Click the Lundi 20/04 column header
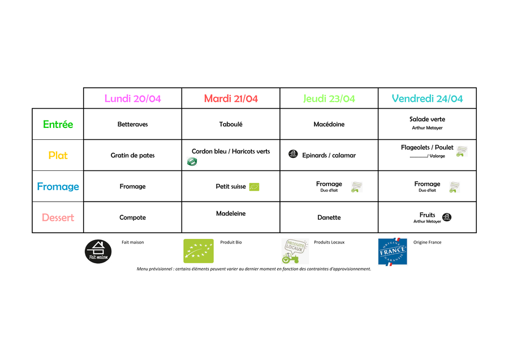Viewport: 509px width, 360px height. tap(132, 98)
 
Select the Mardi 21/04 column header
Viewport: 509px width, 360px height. tap(231, 98)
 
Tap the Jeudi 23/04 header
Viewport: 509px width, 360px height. tap(329, 98)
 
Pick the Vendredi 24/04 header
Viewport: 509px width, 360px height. tap(427, 98)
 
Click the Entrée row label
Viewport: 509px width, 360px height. tap(58, 125)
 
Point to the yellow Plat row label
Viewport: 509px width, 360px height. tap(58, 156)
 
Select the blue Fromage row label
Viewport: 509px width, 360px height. tap(58, 187)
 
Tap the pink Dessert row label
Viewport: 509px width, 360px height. tap(58, 218)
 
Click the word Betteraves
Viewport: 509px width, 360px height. tap(132, 125)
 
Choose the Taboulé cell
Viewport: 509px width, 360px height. tap(231, 125)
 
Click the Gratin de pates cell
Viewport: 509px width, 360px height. tap(132, 156)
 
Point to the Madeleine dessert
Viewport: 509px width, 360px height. tap(231, 214)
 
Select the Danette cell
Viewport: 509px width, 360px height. tap(329, 218)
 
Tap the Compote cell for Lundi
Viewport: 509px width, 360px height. tap(132, 218)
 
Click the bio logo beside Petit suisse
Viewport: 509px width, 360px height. tap(254, 187)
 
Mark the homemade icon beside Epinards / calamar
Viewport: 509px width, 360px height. tap(293, 154)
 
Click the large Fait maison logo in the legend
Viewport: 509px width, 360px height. tap(98, 251)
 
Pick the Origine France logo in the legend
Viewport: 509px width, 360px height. tap(392, 251)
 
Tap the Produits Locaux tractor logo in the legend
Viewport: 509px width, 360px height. tap(295, 251)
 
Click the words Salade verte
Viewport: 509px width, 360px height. tap(427, 119)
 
